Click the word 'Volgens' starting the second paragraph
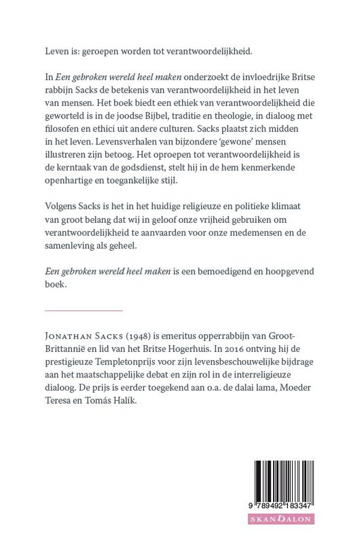(60, 221)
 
